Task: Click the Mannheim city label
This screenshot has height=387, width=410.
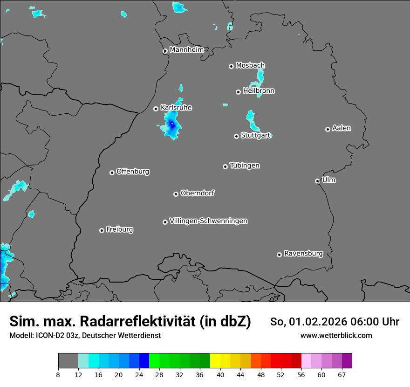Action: point(186,49)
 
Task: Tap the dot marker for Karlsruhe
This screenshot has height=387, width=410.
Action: point(156,109)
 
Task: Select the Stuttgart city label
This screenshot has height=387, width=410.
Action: point(255,136)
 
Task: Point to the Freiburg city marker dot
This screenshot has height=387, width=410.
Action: point(102,230)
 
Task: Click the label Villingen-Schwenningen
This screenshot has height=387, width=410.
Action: point(208,221)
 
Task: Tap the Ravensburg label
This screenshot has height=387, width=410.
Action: point(303,254)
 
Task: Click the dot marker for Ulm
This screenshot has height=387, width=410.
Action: point(317,181)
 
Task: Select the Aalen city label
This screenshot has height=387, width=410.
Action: point(342,128)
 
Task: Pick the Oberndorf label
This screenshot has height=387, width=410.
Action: point(197,193)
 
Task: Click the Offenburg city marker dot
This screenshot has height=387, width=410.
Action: point(112,173)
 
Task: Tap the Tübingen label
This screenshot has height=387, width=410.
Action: point(245,166)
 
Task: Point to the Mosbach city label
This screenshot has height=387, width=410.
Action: point(250,66)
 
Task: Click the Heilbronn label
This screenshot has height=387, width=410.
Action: point(259,91)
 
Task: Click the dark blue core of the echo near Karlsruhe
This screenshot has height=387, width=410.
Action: point(171,124)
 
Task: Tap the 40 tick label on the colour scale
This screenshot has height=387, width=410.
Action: point(220,374)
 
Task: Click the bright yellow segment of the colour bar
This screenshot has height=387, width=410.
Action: point(215,361)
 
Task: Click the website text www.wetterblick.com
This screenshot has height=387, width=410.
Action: point(336,335)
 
